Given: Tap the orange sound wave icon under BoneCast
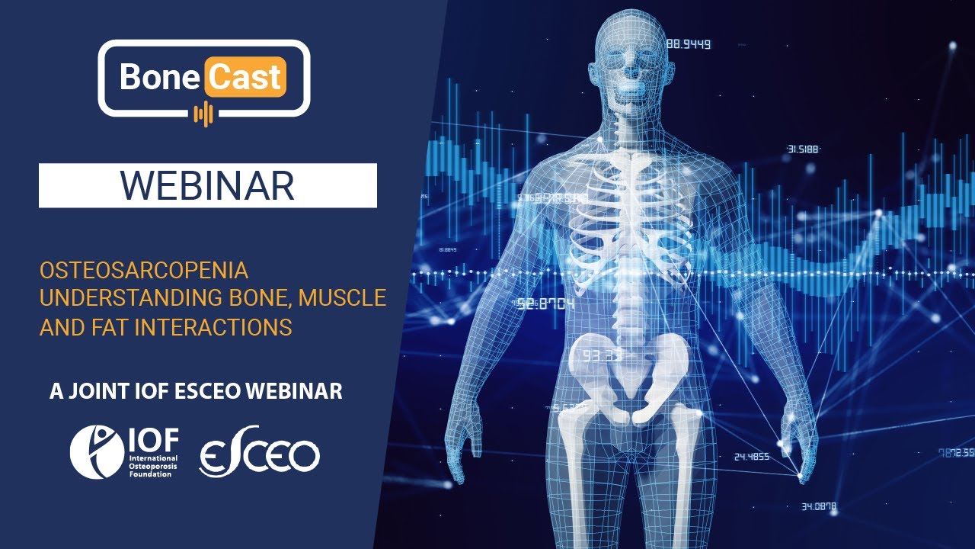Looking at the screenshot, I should [203, 114].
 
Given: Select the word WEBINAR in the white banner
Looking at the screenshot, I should [207, 185].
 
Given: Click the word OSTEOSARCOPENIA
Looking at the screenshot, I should [144, 271].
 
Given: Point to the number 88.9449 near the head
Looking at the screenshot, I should [689, 44].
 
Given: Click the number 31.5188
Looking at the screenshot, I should [803, 149].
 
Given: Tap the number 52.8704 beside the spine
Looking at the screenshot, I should [545, 303].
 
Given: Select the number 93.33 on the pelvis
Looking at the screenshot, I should [604, 355].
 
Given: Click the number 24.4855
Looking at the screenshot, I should [751, 457].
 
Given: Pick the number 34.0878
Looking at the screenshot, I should [819, 506].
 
